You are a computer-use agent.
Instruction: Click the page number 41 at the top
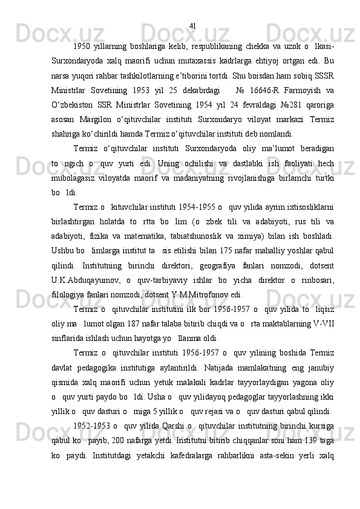click(193, 8)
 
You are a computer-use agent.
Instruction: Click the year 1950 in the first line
click(81, 29)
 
